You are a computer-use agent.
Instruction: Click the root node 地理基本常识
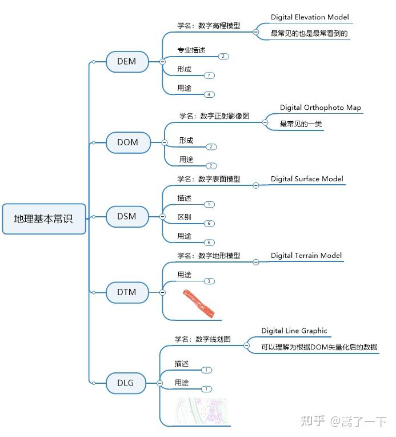click(44, 218)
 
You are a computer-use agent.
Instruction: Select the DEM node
click(127, 61)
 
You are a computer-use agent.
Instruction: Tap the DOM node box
click(127, 142)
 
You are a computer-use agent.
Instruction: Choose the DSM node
click(127, 216)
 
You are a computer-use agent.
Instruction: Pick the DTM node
click(127, 292)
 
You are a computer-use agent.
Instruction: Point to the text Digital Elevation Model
click(310, 17)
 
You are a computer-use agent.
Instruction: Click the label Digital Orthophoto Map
click(320, 108)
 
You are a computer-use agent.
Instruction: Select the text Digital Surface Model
click(307, 178)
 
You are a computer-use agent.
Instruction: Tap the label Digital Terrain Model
click(306, 255)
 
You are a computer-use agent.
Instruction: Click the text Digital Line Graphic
click(294, 331)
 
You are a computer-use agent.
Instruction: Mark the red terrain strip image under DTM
click(199, 303)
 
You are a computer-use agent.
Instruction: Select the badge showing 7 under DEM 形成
click(210, 76)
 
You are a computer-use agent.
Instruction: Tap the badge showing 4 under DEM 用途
click(210, 94)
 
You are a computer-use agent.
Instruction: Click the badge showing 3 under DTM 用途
click(210, 281)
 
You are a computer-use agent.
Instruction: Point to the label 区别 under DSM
click(184, 217)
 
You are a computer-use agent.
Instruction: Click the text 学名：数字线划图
click(203, 339)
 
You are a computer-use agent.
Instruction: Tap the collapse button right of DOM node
click(164, 142)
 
